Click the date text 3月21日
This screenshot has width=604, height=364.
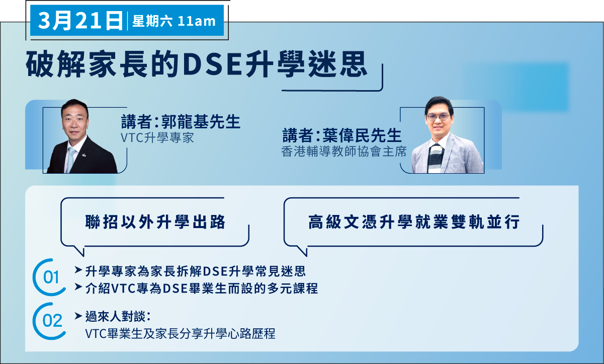click(80, 21)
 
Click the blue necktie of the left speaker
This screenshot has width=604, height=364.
click(70, 159)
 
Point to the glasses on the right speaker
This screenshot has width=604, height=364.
click(438, 117)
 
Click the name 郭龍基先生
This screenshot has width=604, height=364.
click(201, 122)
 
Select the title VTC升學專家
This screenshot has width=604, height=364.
click(157, 138)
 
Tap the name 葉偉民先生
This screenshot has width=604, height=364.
click(362, 135)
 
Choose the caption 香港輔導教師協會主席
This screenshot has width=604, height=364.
click(344, 152)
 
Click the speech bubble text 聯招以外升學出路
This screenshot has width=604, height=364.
click(155, 222)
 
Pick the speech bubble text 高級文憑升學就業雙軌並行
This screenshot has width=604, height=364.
click(414, 222)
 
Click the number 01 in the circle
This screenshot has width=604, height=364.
click(51, 277)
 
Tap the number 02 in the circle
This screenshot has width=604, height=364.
click(52, 321)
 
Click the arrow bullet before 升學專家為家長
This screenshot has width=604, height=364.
click(78, 270)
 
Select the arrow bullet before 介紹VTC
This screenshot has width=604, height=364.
click(78, 287)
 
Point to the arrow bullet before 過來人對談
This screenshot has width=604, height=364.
click(78, 316)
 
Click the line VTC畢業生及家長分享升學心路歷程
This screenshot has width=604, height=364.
click(180, 334)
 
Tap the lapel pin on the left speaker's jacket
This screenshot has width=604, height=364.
click(84, 155)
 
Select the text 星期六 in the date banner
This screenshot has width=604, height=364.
click(152, 21)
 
